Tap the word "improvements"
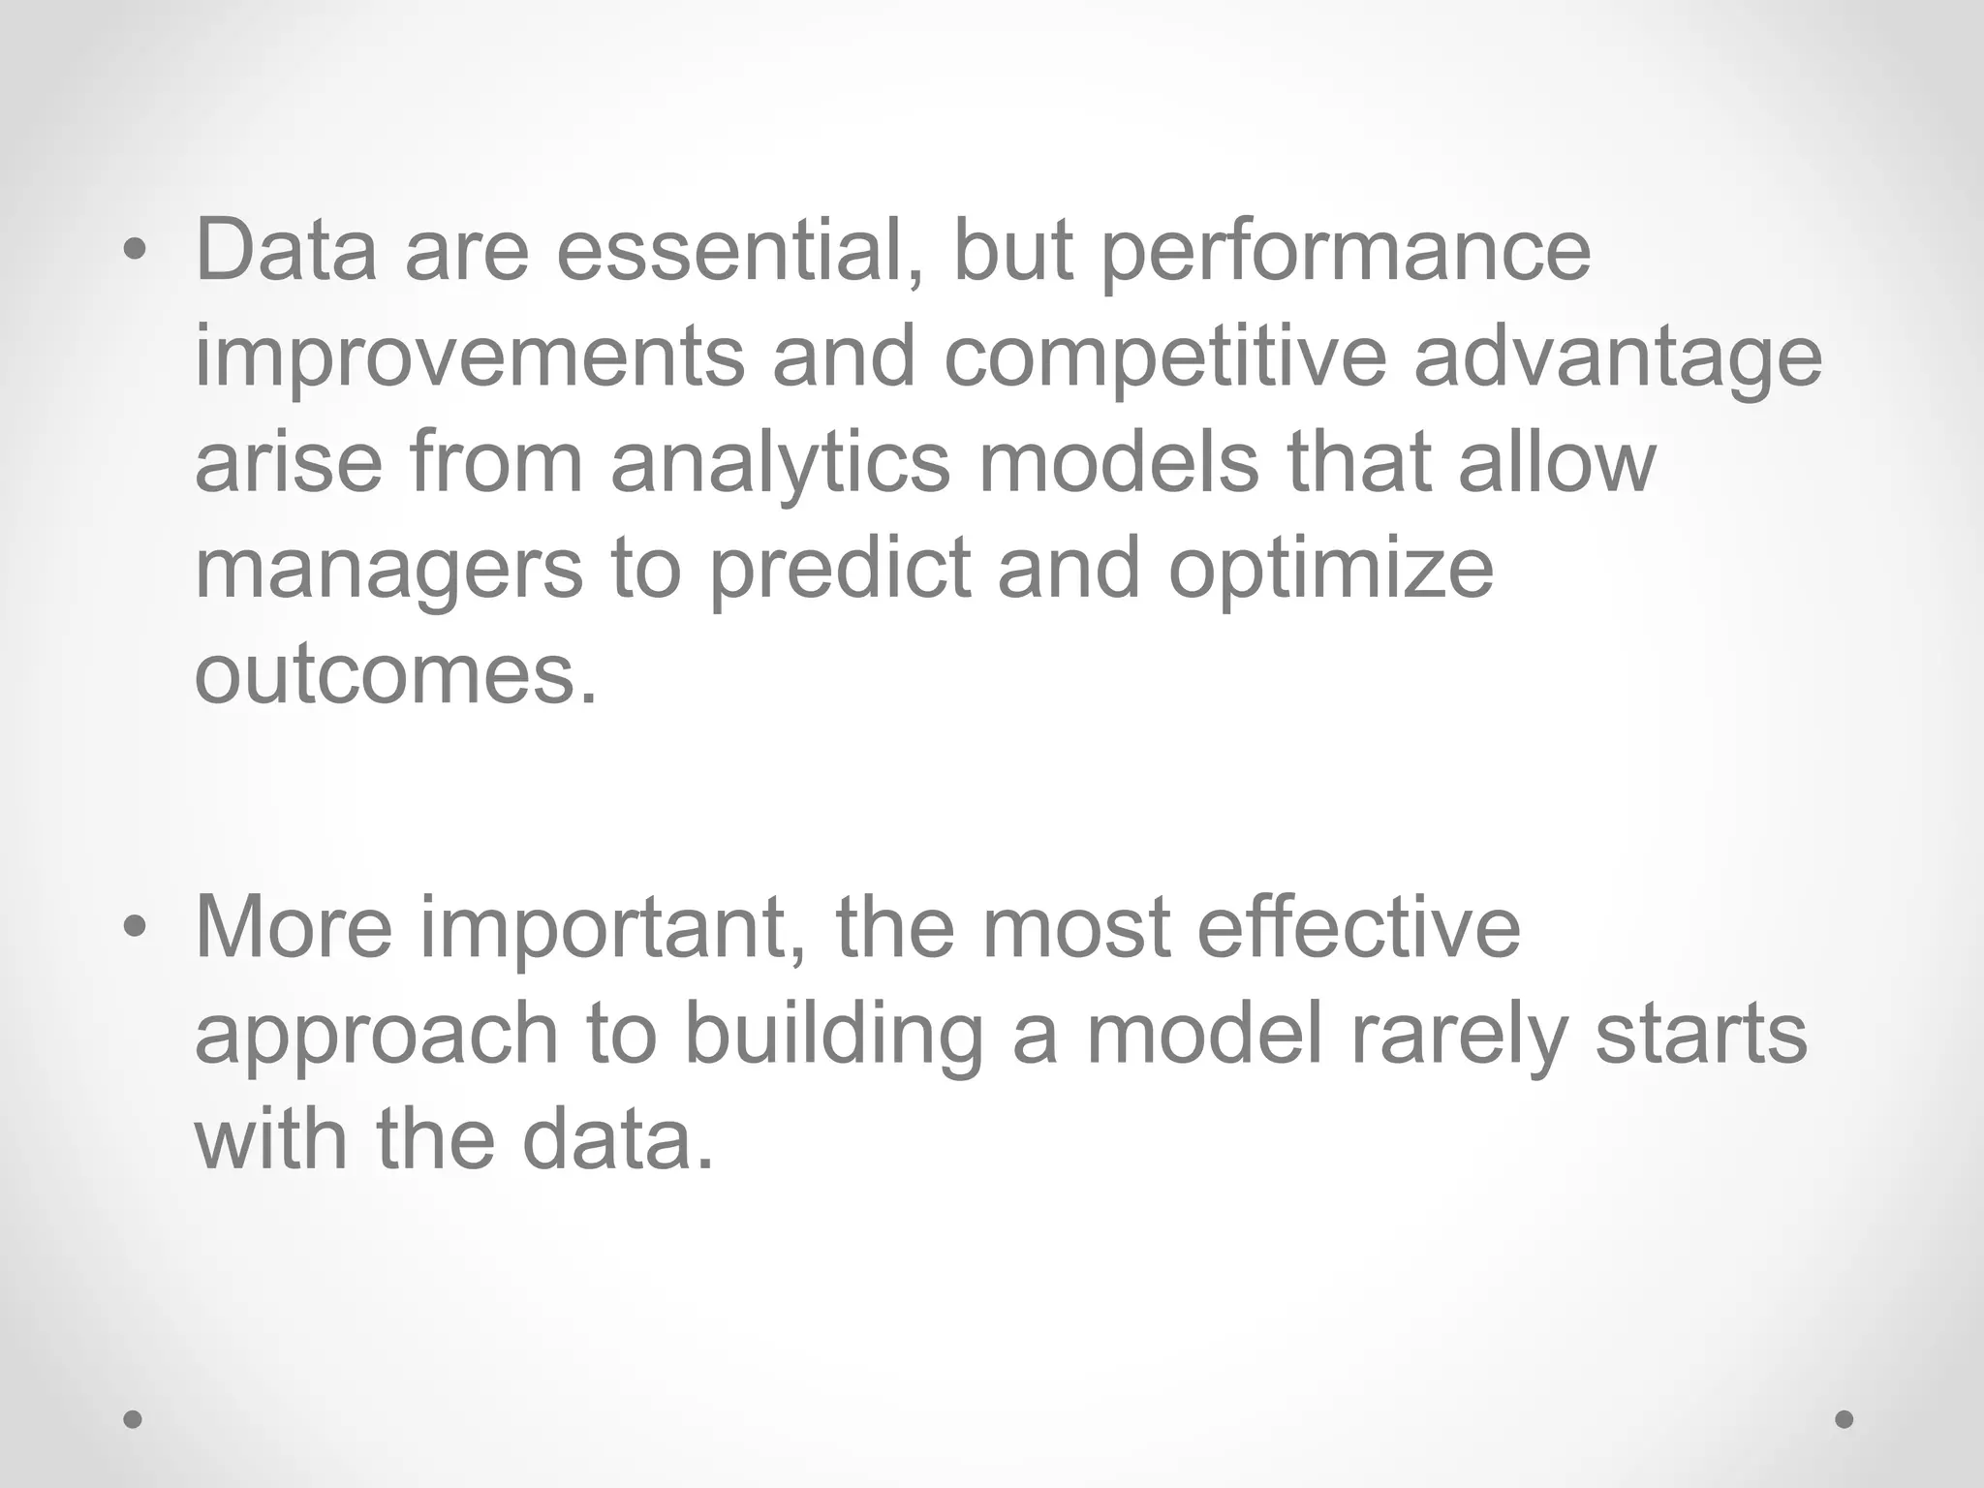tap(470, 356)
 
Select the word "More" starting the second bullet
tap(294, 927)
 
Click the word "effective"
tap(1359, 927)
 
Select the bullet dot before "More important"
tap(135, 929)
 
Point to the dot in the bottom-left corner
tap(134, 1419)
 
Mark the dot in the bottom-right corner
tap(1844, 1419)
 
